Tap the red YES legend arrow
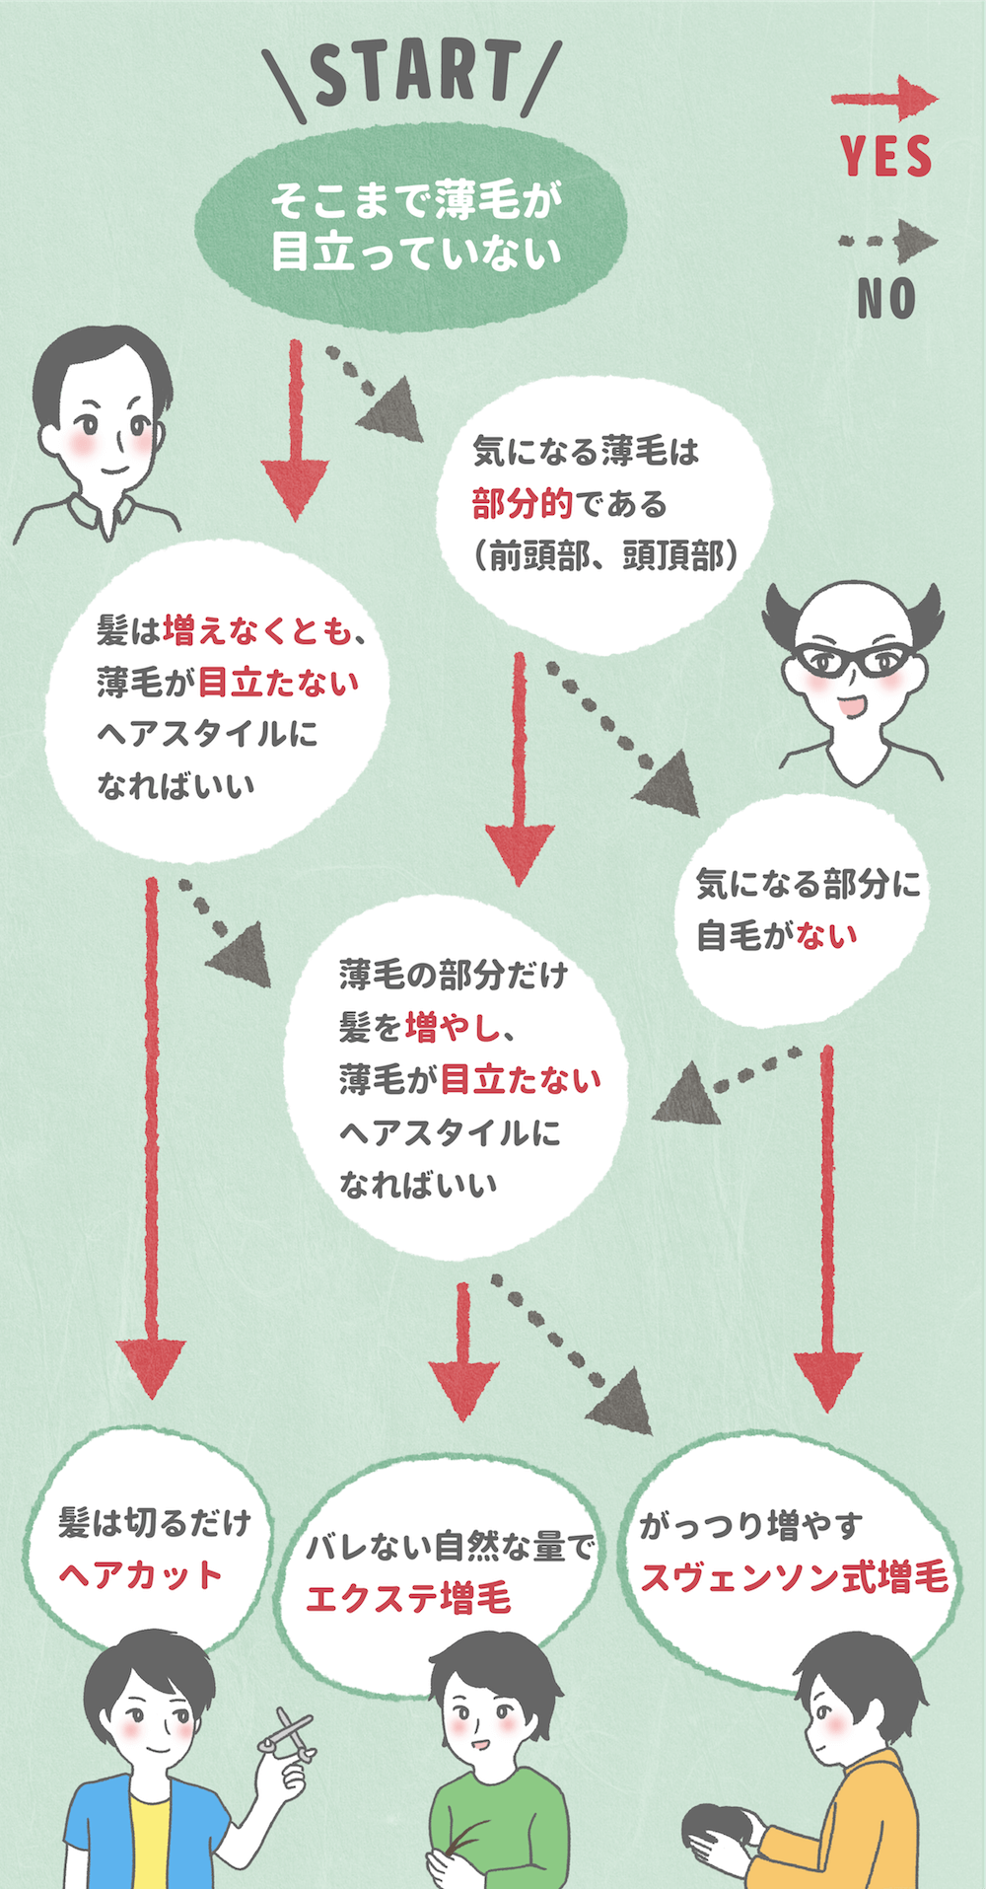point(883,99)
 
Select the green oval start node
point(412,226)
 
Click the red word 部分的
point(522,504)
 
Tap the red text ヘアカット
point(141,1574)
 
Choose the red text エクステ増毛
point(409,1598)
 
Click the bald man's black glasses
point(854,659)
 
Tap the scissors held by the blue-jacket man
point(288,1734)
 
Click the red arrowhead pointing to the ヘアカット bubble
point(150,1366)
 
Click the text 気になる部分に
point(808,883)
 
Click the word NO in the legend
point(886,299)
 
